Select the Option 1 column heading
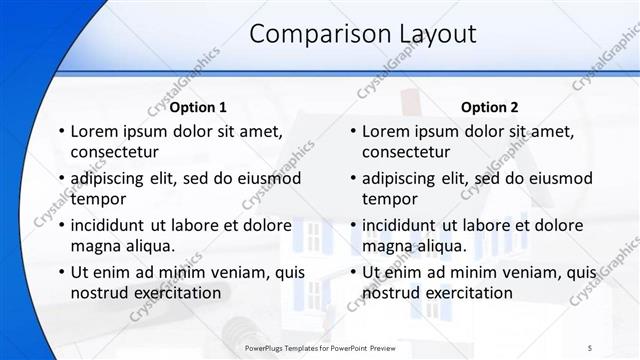pyautogui.click(x=198, y=107)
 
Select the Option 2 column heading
pyautogui.click(x=489, y=107)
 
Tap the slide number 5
pyautogui.click(x=589, y=347)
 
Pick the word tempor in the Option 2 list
pyautogui.click(x=389, y=199)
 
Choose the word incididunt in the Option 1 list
pyautogui.click(x=113, y=225)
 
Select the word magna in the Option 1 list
pyautogui.click(x=96, y=246)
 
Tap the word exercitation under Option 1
pyautogui.click(x=176, y=293)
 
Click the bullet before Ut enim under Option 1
pyautogui.click(x=61, y=272)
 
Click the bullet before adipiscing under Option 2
pyautogui.click(x=352, y=178)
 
